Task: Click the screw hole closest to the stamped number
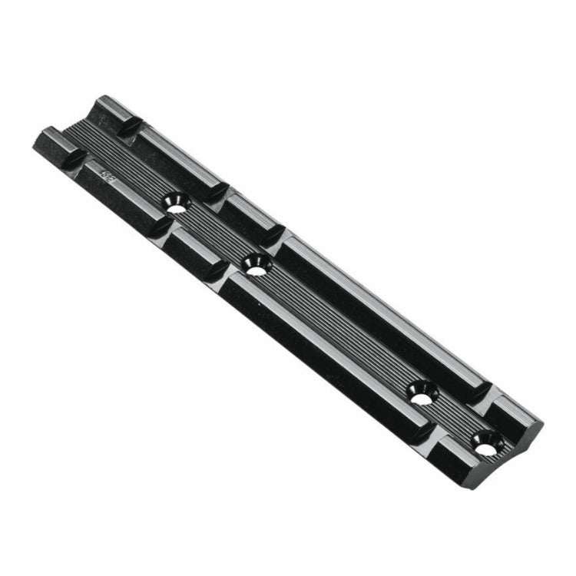click(177, 204)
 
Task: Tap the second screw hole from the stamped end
click(255, 266)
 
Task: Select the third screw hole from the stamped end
click(422, 396)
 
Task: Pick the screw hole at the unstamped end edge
click(485, 443)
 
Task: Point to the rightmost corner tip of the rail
click(542, 422)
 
